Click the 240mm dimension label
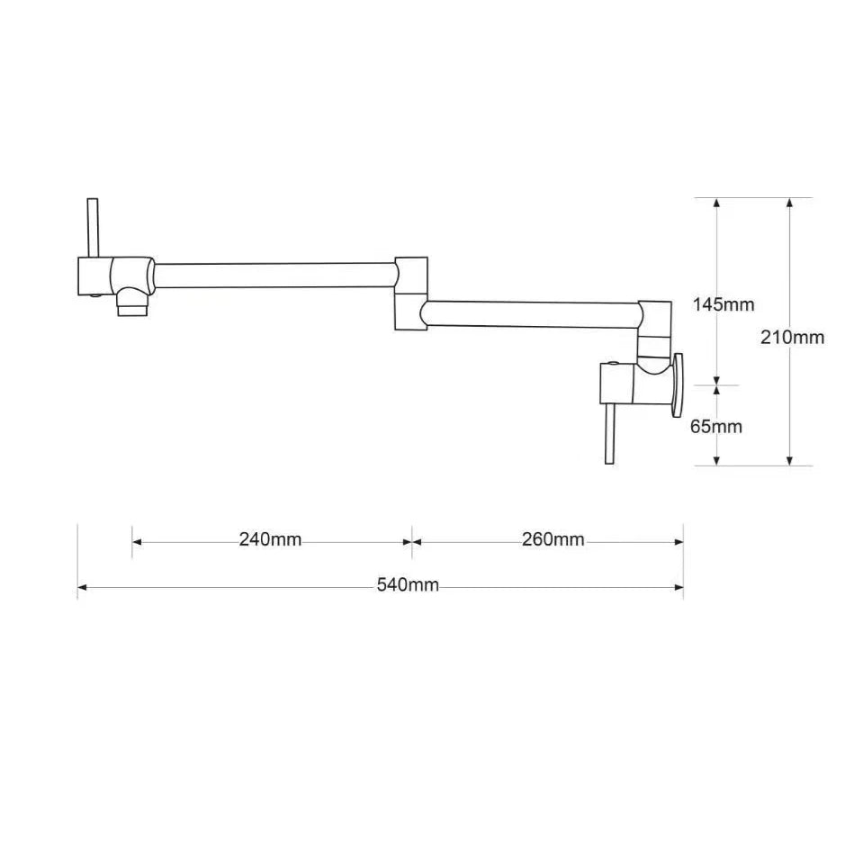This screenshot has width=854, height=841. [x=270, y=539]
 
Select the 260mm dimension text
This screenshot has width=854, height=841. [x=553, y=539]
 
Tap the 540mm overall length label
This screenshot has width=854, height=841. [x=408, y=585]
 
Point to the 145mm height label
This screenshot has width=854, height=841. [x=724, y=304]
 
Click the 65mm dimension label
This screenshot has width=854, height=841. [x=716, y=426]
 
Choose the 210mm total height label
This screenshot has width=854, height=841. [x=793, y=338]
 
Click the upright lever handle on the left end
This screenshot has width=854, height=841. [x=93, y=228]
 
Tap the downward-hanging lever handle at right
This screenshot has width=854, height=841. [x=610, y=434]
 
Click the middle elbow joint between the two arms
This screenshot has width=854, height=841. [x=411, y=294]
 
